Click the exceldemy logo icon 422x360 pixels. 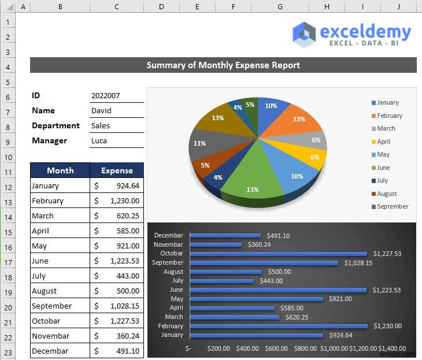pos(305,34)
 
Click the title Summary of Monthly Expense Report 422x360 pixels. pos(223,65)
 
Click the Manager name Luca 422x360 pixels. pos(99,141)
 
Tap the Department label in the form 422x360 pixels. pos(55,126)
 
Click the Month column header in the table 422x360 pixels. pos(60,170)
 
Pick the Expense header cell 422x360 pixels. pos(117,170)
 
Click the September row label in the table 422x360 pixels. pos(52,306)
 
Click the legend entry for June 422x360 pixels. pos(383,168)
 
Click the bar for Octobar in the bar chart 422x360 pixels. pos(278,254)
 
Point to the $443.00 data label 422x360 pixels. pos(271,281)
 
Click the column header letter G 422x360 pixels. pos(280,6)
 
